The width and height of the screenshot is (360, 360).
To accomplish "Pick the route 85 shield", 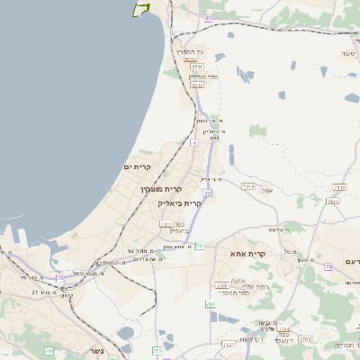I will pyautogui.click(x=209, y=18).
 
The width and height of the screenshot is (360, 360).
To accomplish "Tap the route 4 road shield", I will pyautogui.click(x=193, y=142).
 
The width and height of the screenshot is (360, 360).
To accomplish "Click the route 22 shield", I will pyautogui.click(x=207, y=193).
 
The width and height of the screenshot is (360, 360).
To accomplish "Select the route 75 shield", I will pyautogui.click(x=60, y=278).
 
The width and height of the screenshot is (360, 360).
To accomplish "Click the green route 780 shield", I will pyautogui.click(x=211, y=304).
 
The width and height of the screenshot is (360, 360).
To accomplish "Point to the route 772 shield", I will pyautogui.click(x=157, y=351).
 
